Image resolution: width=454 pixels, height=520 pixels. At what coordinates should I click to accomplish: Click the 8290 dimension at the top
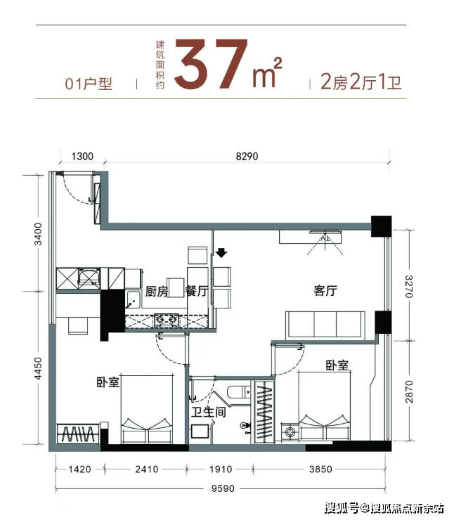click(x=247, y=156)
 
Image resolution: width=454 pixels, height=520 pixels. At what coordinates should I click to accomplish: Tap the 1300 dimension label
click(x=82, y=156)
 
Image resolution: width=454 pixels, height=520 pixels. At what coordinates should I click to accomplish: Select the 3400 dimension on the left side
click(x=39, y=234)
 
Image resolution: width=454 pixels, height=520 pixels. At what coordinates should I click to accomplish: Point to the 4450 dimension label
click(x=39, y=368)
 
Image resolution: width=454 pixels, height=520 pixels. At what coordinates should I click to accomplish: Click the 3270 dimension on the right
click(x=409, y=287)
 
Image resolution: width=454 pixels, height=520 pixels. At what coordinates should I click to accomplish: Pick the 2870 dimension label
click(x=409, y=391)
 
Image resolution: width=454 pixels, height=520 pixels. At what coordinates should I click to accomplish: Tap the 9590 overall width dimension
click(x=223, y=488)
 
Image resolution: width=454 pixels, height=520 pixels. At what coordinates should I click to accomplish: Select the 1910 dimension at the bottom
click(x=221, y=469)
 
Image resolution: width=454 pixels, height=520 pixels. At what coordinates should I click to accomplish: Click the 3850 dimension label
click(x=320, y=469)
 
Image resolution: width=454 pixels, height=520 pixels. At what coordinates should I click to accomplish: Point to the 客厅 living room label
click(x=325, y=290)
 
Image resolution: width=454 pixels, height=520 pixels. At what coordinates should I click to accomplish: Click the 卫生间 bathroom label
click(x=209, y=412)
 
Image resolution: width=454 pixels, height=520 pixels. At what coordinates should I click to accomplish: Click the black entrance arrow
click(x=221, y=253)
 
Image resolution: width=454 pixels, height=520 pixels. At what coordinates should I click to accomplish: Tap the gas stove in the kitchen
click(x=166, y=320)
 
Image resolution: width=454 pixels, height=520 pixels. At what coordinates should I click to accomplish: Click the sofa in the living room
click(x=325, y=325)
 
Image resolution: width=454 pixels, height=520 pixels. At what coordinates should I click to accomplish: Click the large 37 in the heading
click(x=211, y=65)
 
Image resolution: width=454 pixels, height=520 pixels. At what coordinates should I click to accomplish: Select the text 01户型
click(x=89, y=84)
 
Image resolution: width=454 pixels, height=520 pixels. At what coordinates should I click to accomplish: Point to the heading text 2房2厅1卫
click(x=361, y=82)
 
